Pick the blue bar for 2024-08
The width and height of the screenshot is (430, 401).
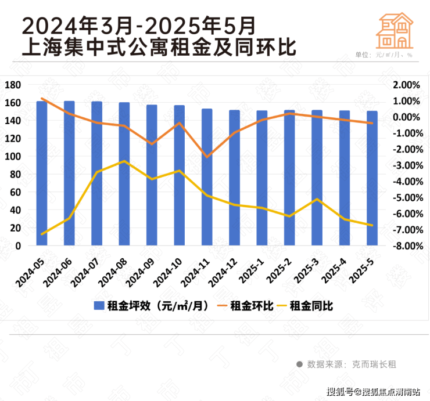click(x=124, y=174)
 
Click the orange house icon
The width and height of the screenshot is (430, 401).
click(x=395, y=30)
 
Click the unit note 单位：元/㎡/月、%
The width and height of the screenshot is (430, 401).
click(x=384, y=55)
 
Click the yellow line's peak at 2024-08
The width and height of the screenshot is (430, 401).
click(x=124, y=161)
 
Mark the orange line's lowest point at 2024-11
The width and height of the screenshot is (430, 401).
click(x=207, y=157)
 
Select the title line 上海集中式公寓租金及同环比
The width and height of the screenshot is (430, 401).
click(x=158, y=46)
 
